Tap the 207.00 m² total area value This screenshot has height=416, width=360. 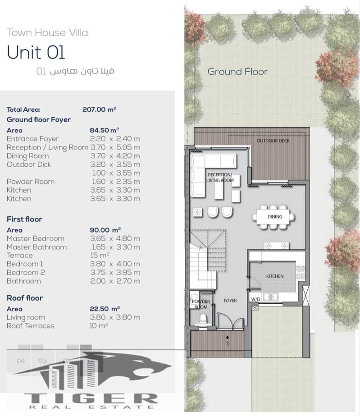99,110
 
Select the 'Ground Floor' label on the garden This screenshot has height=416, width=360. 237,72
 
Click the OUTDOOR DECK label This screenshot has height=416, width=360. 273,141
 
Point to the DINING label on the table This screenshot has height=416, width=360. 275,217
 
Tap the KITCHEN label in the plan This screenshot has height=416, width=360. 275,276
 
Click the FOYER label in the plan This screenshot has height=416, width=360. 230,301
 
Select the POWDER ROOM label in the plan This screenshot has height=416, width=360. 201,304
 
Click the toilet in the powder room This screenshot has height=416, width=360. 203,319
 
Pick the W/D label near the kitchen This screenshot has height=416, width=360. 255,299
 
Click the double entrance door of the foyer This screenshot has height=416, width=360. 230,321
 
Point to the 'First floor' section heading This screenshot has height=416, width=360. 24,219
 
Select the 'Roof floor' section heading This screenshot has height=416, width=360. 25,298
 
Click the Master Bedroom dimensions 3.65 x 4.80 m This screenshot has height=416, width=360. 115,238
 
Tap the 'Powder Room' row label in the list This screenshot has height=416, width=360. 31,182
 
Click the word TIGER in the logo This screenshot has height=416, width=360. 91,398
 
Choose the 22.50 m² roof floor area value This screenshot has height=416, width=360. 105,309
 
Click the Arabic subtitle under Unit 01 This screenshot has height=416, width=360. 75,71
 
